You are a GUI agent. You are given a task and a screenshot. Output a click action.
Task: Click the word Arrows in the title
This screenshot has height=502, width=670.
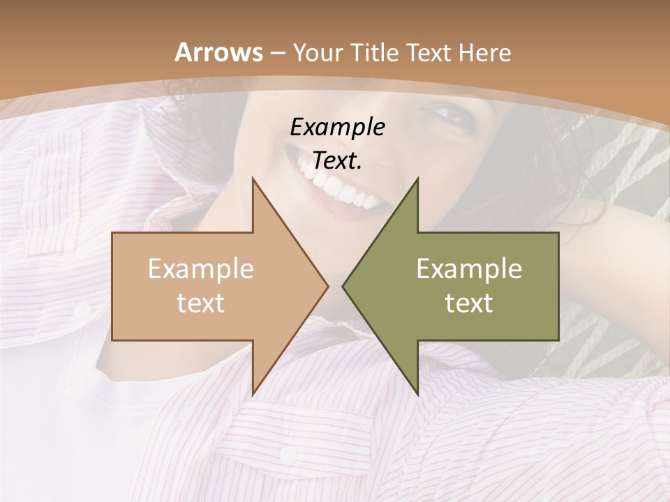tap(218, 52)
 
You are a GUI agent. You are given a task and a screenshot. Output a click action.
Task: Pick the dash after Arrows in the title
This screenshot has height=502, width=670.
tap(276, 53)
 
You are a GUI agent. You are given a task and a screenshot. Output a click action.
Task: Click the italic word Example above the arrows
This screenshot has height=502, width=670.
tap(337, 127)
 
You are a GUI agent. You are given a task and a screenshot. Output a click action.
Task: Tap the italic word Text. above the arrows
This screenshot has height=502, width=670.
tap(337, 161)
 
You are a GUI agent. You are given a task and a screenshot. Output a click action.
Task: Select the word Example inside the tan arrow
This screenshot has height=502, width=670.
tap(201, 268)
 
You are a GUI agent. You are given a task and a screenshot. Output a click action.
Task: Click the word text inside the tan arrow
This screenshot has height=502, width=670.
tap(201, 303)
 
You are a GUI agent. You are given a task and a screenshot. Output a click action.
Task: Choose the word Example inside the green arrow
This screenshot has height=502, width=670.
tap(469, 268)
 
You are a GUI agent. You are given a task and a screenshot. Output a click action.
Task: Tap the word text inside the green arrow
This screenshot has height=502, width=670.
tap(469, 303)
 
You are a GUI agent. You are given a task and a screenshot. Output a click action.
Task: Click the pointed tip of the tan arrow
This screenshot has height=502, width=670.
tap(328, 286)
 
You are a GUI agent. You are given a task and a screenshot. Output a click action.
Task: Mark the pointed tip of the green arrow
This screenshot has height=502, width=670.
tap(343, 286)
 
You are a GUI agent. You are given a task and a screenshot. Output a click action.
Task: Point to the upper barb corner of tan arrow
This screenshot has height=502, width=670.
tap(253, 178)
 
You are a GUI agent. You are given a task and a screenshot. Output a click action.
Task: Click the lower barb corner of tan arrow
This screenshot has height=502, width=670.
tap(253, 394)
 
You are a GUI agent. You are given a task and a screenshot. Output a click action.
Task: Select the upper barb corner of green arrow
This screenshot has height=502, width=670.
tap(417, 178)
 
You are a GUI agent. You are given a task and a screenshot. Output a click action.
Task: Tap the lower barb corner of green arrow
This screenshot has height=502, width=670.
tap(417, 394)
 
